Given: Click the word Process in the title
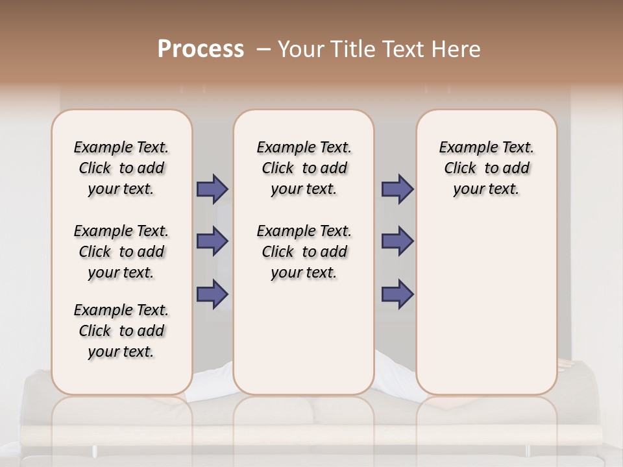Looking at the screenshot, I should pos(201,49).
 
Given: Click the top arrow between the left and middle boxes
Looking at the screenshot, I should pos(212,189).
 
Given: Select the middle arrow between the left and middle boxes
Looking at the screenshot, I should pos(212,241).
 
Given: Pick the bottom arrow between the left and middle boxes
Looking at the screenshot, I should pos(212,294).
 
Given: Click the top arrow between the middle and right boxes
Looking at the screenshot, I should pos(397,189).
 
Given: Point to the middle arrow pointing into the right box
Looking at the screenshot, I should pos(397,241).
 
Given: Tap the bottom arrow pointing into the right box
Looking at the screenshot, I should pos(397,294).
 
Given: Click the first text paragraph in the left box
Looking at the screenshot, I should pos(121,168).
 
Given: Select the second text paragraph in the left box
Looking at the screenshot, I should pos(121,252).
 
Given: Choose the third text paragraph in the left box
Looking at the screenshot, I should pos(121,331).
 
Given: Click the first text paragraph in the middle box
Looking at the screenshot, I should pos(304,168).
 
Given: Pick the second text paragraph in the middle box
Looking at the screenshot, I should pos(304,252).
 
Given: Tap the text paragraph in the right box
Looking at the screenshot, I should pos(486,168).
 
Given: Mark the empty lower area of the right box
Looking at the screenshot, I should pos(486,298).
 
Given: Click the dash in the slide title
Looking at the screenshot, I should pos(263,49).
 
